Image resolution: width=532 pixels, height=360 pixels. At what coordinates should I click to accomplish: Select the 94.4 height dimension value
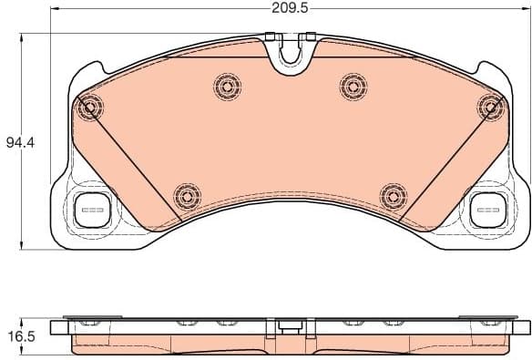pos(18,142)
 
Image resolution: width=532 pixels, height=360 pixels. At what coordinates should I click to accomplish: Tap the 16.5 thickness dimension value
pos(19,336)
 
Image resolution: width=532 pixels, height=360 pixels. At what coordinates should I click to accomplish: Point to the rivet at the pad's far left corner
pos(89,109)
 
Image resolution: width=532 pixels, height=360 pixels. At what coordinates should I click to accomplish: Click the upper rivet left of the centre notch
pos(227,87)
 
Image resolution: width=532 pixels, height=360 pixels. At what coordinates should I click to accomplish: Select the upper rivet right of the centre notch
pos(353,86)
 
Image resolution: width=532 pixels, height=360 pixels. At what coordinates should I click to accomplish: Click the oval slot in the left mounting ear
pos(93,209)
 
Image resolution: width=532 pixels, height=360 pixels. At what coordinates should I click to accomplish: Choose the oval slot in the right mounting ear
pos(487,209)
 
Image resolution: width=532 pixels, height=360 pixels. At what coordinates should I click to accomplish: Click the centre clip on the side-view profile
pos(291,324)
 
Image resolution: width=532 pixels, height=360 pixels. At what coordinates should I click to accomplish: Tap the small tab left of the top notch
pos(269,38)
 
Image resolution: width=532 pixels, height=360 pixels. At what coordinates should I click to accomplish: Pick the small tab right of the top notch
pos(311,37)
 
